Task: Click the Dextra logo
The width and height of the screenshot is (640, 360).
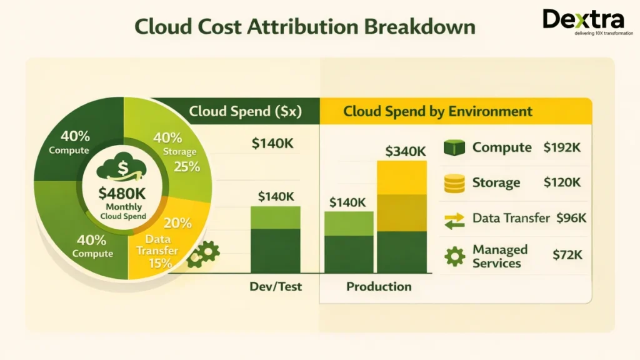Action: (583, 22)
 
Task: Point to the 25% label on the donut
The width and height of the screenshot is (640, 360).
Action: (186, 166)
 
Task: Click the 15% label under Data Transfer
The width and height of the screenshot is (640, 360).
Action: (161, 263)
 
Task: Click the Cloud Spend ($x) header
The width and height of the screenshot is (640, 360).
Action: (245, 112)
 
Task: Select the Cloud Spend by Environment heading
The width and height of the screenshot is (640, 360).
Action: (437, 112)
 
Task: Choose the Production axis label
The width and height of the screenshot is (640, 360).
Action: (379, 287)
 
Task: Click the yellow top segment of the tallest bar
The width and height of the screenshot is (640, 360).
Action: (401, 177)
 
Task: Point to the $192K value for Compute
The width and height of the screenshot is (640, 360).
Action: (567, 148)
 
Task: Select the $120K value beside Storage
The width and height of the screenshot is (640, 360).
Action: (567, 182)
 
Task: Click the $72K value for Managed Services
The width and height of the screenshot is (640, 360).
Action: (567, 254)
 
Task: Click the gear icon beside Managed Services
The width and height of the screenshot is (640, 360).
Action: (454, 256)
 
